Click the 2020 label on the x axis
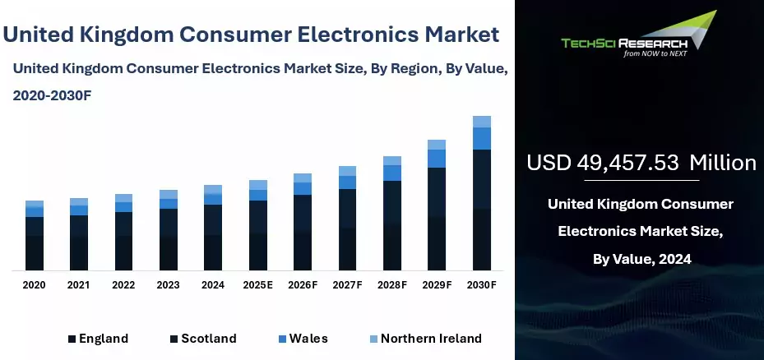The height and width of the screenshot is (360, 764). click(34, 285)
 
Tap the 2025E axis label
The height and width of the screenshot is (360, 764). click(257, 285)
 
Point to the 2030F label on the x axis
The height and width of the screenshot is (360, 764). click(481, 285)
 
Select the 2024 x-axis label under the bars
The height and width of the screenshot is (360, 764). click(213, 285)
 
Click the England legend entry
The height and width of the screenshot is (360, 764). click(99, 339)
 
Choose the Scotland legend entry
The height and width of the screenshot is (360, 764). click(203, 339)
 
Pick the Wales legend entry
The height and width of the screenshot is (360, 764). click(303, 339)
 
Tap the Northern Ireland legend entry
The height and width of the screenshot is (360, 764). click(426, 339)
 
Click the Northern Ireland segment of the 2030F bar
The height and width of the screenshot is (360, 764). click(482, 122)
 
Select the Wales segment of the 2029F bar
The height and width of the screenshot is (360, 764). click(437, 159)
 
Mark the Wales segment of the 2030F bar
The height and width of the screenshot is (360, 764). click(482, 139)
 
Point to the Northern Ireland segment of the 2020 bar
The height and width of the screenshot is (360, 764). click(35, 204)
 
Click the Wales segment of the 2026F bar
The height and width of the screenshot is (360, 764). click(303, 189)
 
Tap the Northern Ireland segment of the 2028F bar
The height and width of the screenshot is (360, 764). click(392, 161)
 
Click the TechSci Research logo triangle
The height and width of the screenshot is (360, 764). click(692, 30)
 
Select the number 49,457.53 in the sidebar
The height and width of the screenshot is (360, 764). click(627, 163)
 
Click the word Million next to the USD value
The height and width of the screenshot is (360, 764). click(723, 163)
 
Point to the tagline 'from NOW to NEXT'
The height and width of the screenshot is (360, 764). click(655, 53)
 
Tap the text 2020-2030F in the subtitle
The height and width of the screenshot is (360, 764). click(52, 96)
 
